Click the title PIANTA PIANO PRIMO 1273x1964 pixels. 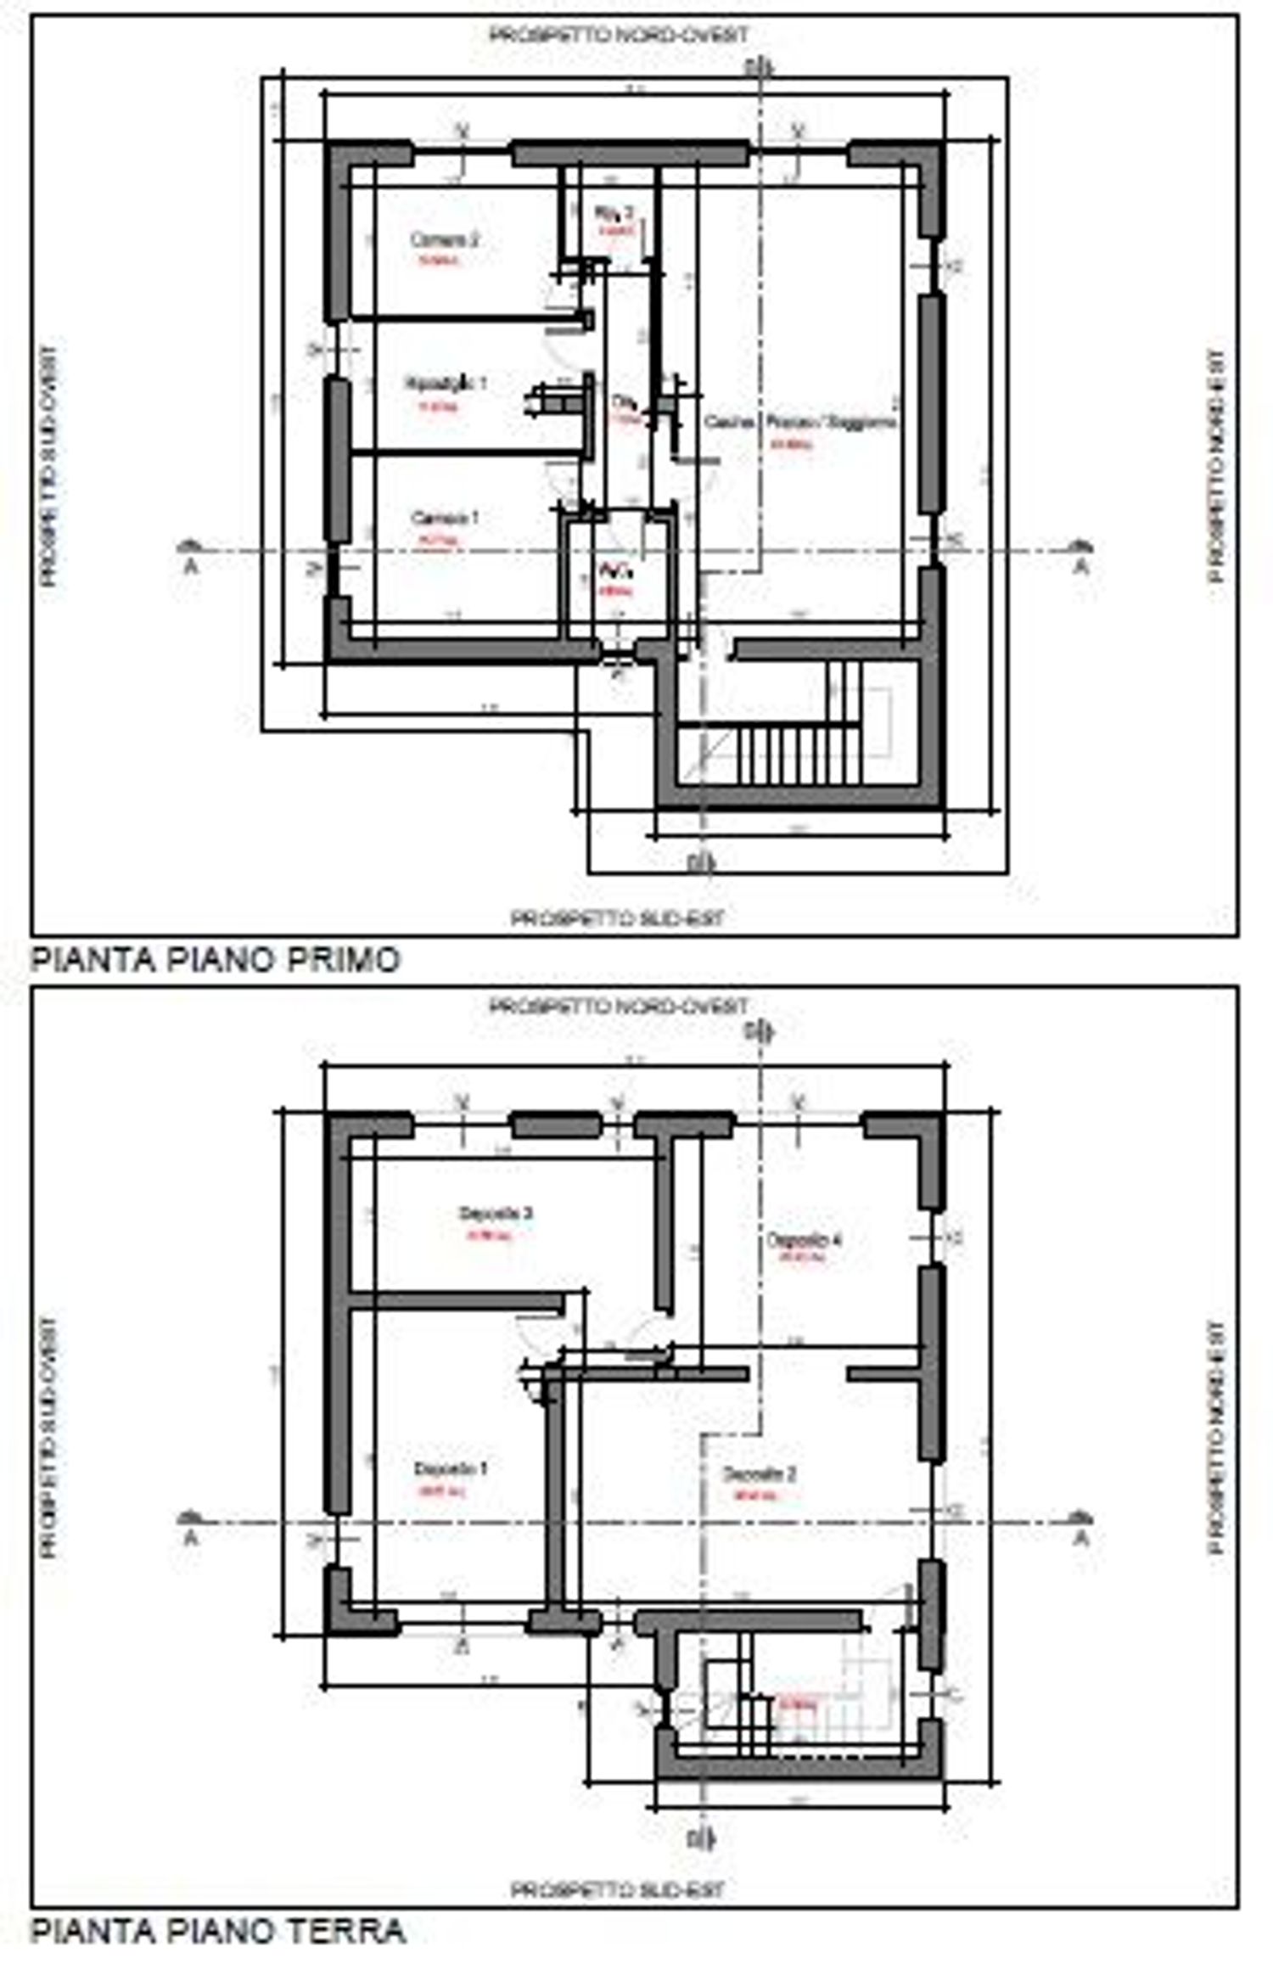tap(215, 960)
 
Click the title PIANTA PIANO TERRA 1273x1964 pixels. tap(218, 1931)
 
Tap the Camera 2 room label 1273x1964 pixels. tap(445, 239)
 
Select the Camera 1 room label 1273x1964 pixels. tap(445, 517)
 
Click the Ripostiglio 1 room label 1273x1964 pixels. tap(446, 384)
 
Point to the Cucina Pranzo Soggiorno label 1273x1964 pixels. tap(800, 422)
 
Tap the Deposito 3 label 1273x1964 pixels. tap(496, 1213)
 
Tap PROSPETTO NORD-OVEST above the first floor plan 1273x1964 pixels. tap(620, 35)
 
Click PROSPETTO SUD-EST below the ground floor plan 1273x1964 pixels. tap(618, 1888)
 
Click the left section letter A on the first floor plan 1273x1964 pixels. tap(191, 567)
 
